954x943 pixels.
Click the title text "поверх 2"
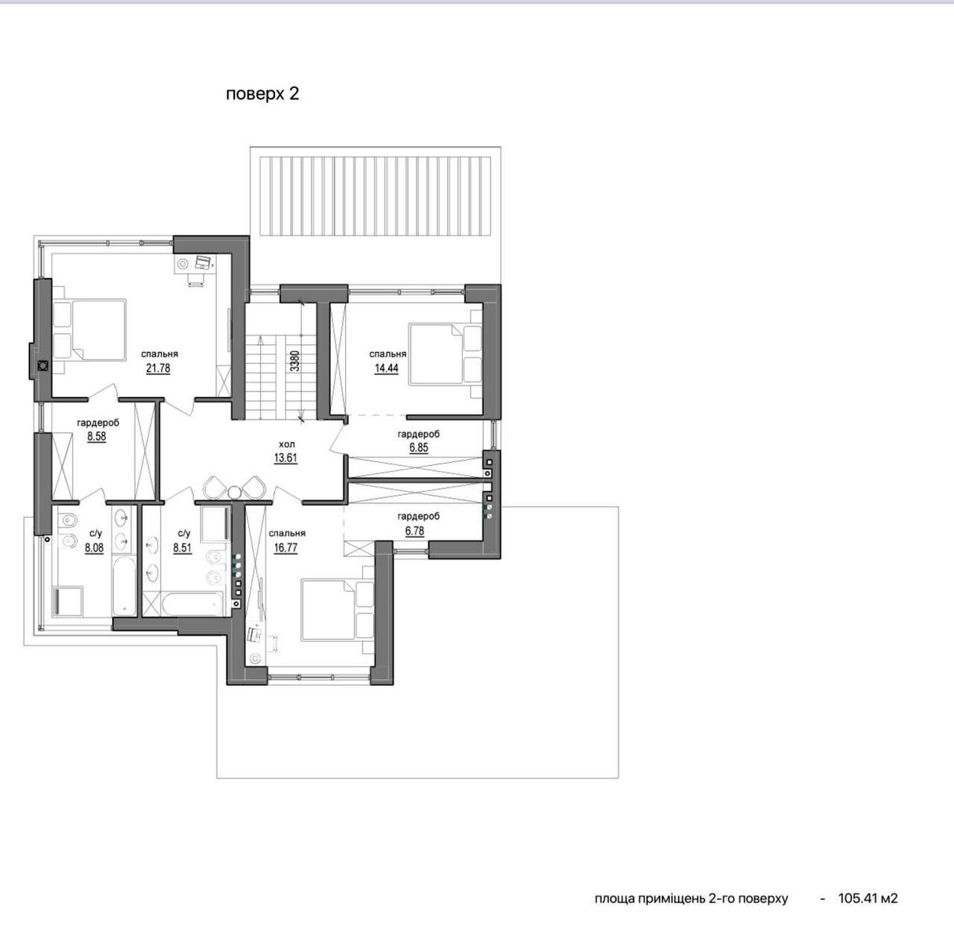(262, 94)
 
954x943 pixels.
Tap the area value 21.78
(159, 369)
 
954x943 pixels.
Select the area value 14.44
(387, 369)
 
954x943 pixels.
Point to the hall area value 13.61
(286, 457)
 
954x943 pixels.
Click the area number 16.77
(286, 548)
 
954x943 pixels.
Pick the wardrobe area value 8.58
(97, 437)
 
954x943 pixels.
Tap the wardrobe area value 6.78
(414, 531)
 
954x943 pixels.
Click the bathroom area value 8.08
(94, 548)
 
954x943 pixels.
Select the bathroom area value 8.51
(182, 548)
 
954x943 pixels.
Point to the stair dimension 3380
(295, 361)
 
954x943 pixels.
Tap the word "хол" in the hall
(287, 444)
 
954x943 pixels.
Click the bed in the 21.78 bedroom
(90, 329)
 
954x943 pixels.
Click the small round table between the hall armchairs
(234, 492)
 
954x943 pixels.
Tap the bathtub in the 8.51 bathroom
(193, 604)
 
